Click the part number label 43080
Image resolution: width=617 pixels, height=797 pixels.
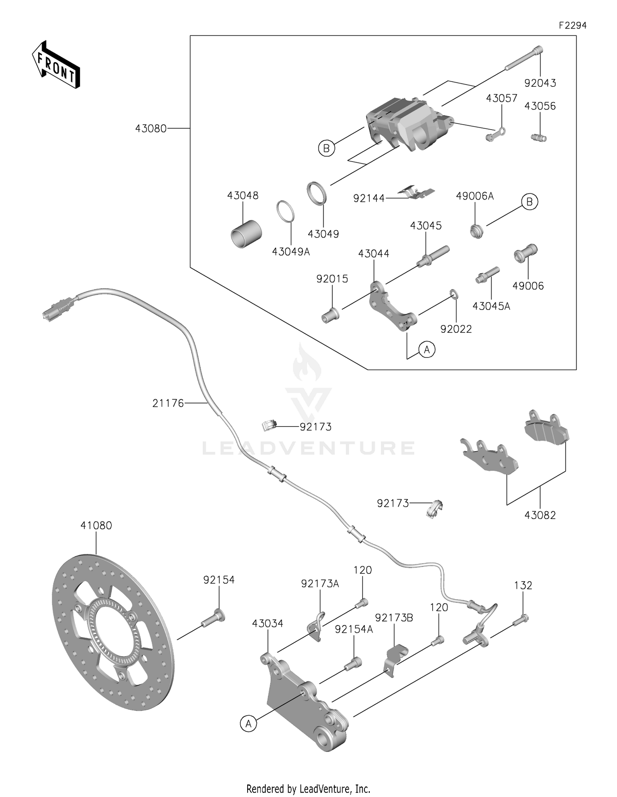(x=151, y=129)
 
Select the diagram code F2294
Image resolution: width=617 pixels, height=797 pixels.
(x=572, y=25)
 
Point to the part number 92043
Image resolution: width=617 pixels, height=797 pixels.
(x=540, y=83)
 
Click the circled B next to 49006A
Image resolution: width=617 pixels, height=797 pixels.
(x=529, y=202)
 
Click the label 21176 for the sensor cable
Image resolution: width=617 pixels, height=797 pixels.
(x=168, y=403)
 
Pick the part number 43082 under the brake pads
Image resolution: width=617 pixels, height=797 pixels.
(x=540, y=515)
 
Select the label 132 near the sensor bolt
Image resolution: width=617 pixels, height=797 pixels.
(x=523, y=585)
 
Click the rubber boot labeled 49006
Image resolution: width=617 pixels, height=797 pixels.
(x=525, y=253)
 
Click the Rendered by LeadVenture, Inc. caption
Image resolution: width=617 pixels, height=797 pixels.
(x=308, y=788)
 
